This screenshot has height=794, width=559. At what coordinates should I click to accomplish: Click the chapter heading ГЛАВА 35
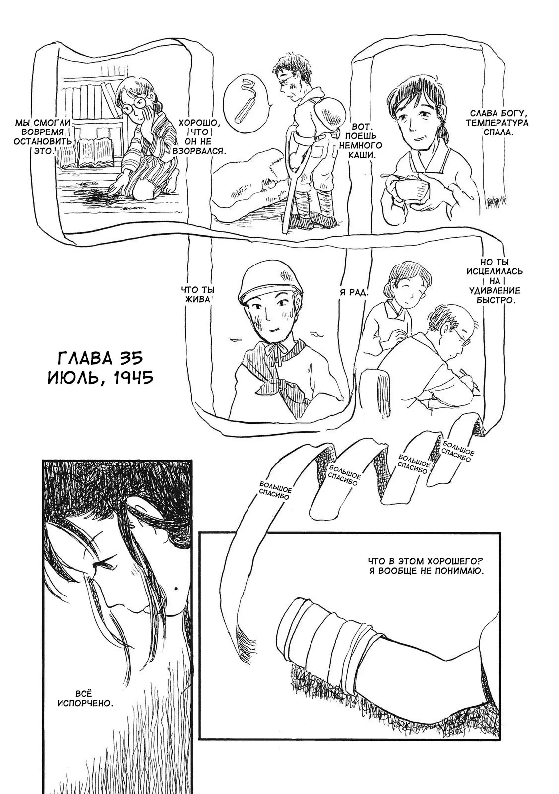pos(100,358)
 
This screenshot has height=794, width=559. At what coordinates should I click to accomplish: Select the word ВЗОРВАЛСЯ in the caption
pos(199,151)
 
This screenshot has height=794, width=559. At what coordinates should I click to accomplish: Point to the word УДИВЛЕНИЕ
pos(495,291)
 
